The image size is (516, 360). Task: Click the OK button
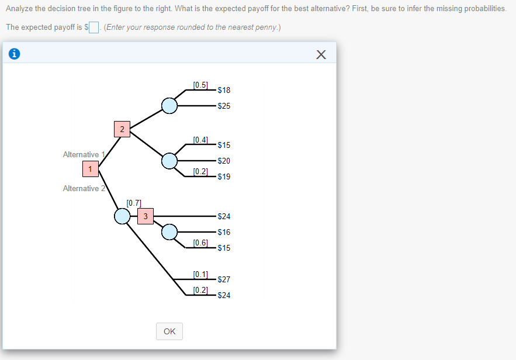(x=169, y=331)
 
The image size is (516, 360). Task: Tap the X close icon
(x=321, y=55)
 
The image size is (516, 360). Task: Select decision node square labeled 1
(x=90, y=169)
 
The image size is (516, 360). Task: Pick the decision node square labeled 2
(x=122, y=129)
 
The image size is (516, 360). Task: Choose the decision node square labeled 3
(x=146, y=216)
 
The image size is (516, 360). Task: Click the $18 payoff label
(x=224, y=90)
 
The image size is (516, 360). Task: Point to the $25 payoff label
(x=224, y=106)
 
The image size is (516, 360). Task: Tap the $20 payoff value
(x=224, y=161)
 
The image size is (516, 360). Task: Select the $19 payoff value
(x=224, y=176)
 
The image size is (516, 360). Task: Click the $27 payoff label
(x=224, y=279)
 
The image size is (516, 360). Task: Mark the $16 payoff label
(x=224, y=232)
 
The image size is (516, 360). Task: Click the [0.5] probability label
(x=200, y=85)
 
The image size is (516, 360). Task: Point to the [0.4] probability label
(x=200, y=140)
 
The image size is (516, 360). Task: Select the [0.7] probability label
(x=134, y=203)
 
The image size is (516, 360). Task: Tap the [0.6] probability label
(x=200, y=243)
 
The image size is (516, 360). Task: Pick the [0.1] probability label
(x=200, y=274)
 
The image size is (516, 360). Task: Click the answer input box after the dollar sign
(x=94, y=27)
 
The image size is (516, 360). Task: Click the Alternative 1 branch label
(x=84, y=154)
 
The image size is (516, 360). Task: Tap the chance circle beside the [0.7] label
(x=122, y=216)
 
